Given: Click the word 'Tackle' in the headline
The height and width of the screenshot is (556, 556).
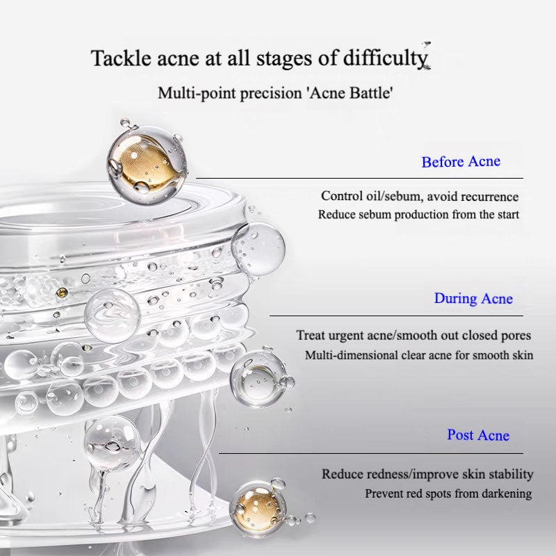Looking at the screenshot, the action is tap(121, 58).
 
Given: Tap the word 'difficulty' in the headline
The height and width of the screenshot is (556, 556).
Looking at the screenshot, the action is tap(386, 58).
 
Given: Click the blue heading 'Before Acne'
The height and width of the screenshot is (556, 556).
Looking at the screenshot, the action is tap(461, 162).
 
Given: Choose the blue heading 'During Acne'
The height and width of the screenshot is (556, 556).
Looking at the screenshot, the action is tap(473, 299).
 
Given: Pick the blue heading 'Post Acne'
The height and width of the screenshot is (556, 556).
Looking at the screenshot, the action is tap(478, 435).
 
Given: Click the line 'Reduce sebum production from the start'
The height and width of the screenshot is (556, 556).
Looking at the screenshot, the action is tap(418, 215).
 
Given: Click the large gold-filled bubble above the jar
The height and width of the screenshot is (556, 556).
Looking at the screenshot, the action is tap(147, 165).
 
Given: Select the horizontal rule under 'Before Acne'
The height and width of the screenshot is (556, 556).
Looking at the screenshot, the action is tap(359, 178).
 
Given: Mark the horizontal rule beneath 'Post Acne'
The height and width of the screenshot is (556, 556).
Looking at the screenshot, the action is tap(371, 453).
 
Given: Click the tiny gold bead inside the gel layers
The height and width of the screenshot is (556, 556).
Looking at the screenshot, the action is tap(62, 293).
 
